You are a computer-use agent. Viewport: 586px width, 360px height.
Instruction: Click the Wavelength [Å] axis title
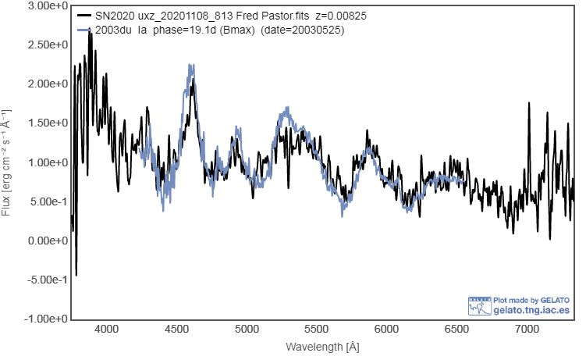323,346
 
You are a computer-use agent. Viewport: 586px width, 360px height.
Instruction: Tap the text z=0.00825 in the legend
343,16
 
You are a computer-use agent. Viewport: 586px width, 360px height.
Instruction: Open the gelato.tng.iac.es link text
532,310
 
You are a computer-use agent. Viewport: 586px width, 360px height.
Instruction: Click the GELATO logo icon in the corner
479,305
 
